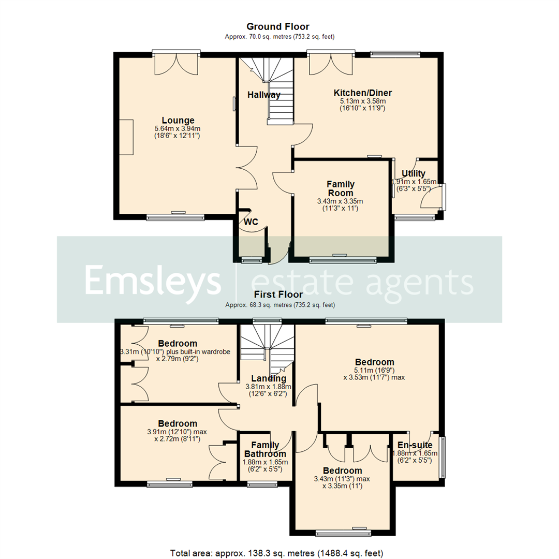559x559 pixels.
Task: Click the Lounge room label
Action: pos(178,120)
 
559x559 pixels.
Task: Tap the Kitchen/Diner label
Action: pos(362,93)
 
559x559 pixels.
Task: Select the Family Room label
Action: pos(340,188)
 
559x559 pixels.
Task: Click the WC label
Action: pos(251,222)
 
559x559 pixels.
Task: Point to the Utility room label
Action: pos(414,173)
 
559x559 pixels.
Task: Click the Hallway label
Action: pos(263,95)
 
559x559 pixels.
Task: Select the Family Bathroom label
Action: pos(265,449)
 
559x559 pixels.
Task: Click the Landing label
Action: pos(267,378)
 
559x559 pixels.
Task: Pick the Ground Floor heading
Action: pos(278,26)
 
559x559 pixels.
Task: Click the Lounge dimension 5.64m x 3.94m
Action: pos(178,128)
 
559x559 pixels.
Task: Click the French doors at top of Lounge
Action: pos(176,62)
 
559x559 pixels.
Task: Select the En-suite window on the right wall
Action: pos(443,458)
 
